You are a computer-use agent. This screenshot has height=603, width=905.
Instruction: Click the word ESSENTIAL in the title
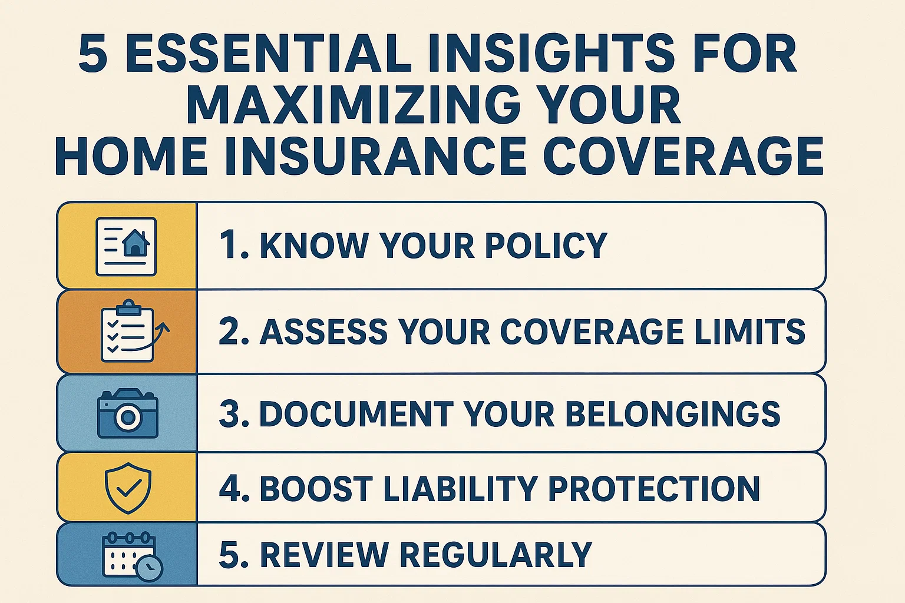point(267,54)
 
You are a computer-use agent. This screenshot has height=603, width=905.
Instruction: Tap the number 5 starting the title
point(93,54)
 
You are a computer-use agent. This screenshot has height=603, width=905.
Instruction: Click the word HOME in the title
point(131,156)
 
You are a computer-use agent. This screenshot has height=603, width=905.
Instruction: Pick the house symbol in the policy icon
point(136,242)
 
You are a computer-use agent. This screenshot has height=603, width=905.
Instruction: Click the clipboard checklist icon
point(127,331)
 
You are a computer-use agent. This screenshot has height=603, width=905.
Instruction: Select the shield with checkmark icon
point(128,488)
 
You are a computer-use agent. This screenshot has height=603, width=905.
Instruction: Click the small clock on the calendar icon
point(149,568)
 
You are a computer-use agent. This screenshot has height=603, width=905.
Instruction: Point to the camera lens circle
point(128,418)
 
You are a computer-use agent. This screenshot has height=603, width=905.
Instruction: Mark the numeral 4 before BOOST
point(228,488)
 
